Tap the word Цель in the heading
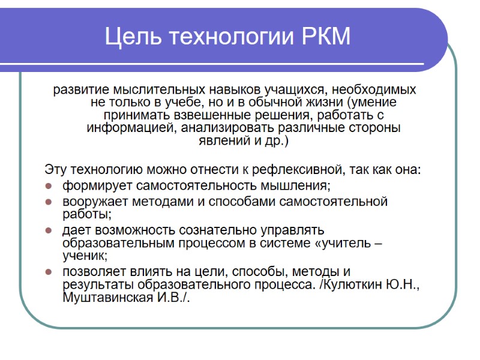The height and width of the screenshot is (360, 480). [x=128, y=37]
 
